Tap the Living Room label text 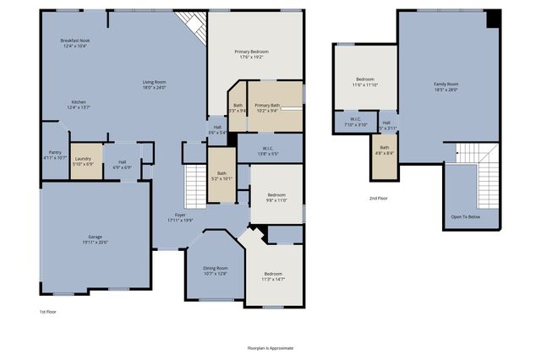153,85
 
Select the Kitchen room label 78,105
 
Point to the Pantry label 55,155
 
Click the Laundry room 83,160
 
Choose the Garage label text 96,239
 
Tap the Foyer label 180,217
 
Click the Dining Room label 216,270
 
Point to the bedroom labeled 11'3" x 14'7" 273,275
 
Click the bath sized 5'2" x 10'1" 221,176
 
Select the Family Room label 445,87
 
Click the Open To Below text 466,216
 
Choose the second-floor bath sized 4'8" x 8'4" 384,150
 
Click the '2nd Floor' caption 378,198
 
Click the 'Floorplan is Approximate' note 270,347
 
